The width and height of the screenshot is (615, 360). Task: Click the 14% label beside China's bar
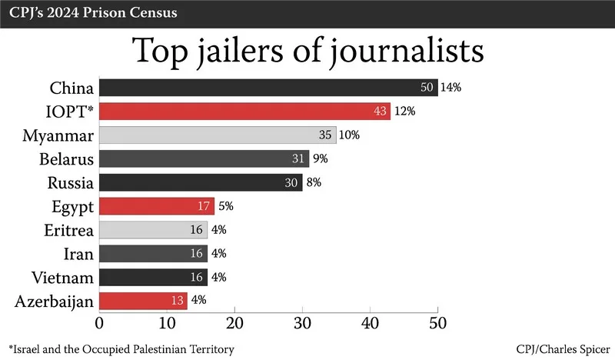pos(450,87)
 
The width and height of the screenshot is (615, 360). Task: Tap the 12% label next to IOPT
pos(404,111)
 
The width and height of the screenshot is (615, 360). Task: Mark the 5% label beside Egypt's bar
pos(226,206)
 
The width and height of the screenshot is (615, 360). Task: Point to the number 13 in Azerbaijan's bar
pos(177,300)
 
